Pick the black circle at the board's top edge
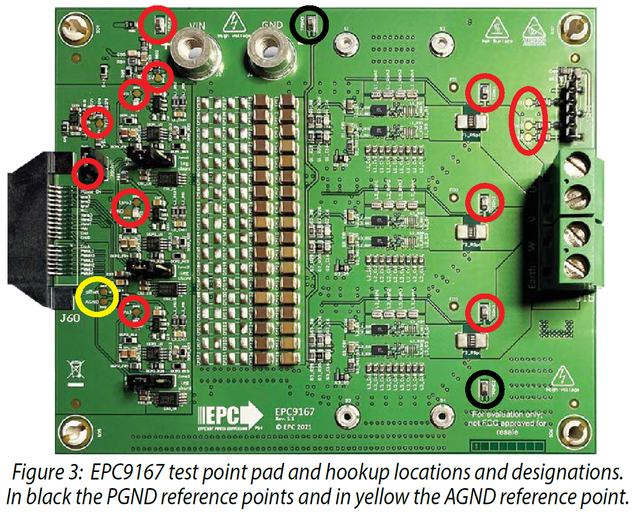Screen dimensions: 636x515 (x=308, y=24)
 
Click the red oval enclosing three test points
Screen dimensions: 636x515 (x=528, y=119)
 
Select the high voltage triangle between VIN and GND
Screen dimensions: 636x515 (x=235, y=23)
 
